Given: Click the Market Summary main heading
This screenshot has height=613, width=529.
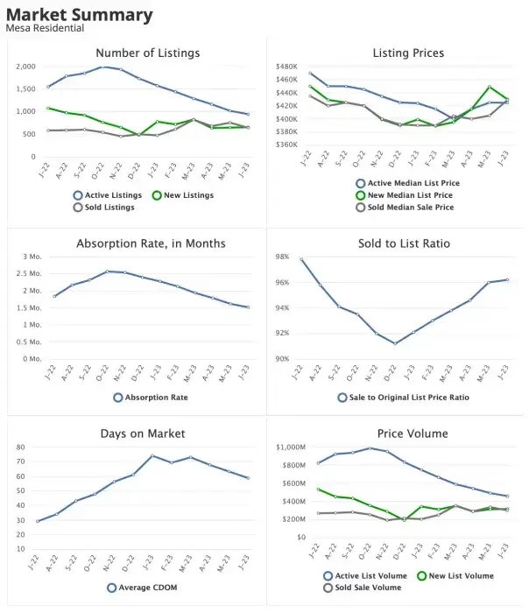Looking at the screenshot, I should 79,15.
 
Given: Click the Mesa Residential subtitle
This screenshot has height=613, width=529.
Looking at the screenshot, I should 44,29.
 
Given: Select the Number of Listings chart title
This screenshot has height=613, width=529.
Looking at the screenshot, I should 147,53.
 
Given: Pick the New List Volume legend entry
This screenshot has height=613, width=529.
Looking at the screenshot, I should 454,575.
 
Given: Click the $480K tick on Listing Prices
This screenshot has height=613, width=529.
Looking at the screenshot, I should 286,67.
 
